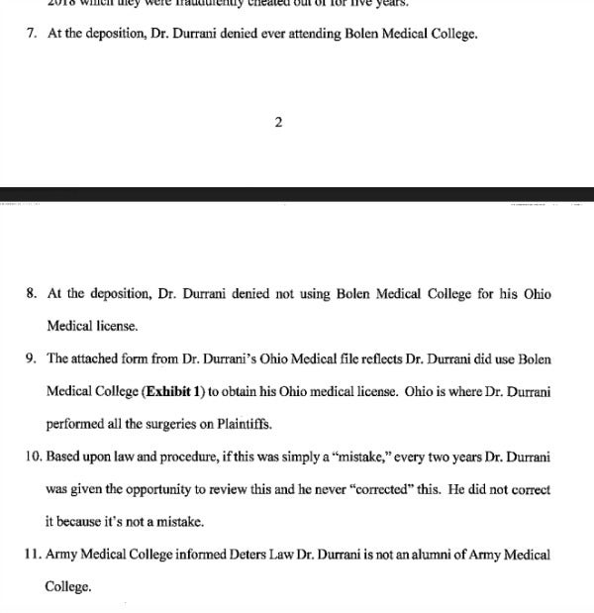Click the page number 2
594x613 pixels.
tap(278, 122)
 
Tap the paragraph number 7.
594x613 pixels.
tap(32, 34)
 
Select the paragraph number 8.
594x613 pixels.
tap(32, 294)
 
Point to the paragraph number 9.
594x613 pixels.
tap(32, 358)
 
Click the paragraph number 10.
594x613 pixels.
tap(30, 458)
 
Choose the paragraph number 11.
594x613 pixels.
tap(30, 555)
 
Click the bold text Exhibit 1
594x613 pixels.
tap(173, 391)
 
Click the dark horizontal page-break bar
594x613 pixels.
tap(297, 194)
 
